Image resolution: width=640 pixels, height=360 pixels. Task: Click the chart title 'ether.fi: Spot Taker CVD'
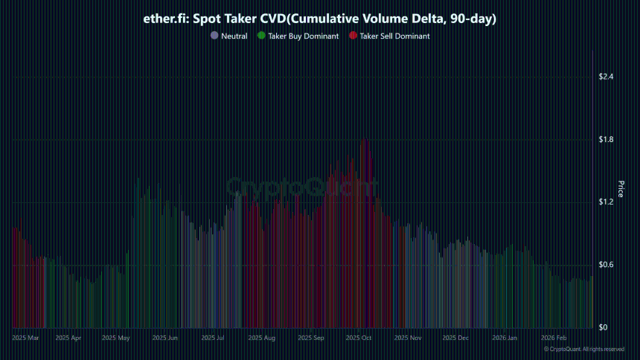coord(319,18)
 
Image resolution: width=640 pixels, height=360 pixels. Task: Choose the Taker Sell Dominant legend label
coord(394,36)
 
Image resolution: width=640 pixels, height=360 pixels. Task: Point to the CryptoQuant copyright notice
coord(583,349)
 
